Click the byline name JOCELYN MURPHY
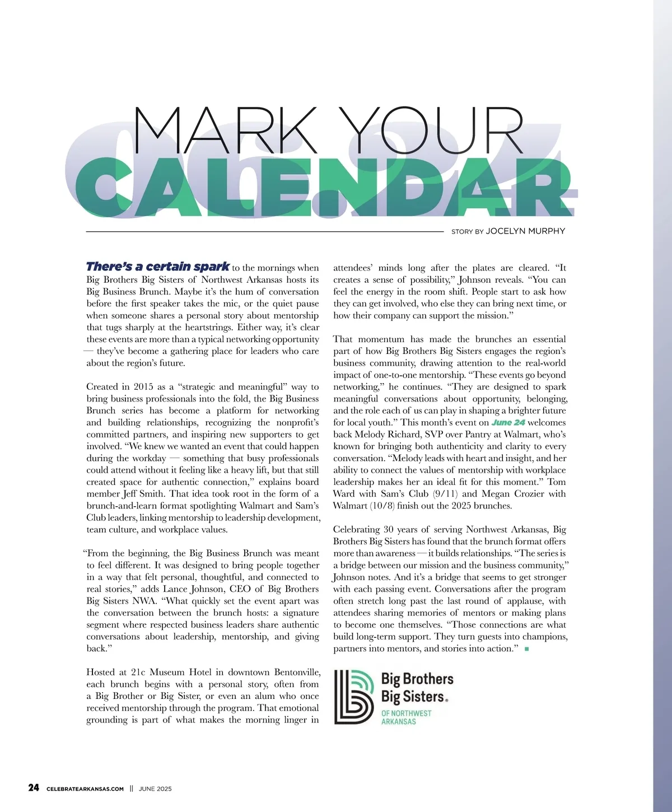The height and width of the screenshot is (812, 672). pyautogui.click(x=525, y=231)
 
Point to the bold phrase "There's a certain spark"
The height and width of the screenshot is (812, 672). pyautogui.click(x=158, y=267)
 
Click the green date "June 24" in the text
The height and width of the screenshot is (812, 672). pyautogui.click(x=508, y=422)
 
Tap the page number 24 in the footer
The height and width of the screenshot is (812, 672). pyautogui.click(x=34, y=788)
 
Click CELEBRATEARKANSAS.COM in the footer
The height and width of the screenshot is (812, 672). pyautogui.click(x=85, y=789)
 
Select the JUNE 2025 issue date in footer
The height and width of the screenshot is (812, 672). pyautogui.click(x=155, y=789)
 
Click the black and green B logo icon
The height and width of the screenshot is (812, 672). pyautogui.click(x=354, y=697)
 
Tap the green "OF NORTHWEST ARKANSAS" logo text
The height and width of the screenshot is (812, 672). pyautogui.click(x=406, y=717)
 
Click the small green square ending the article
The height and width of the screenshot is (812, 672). pyautogui.click(x=527, y=649)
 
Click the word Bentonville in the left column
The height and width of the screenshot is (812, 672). pyautogui.click(x=297, y=672)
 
